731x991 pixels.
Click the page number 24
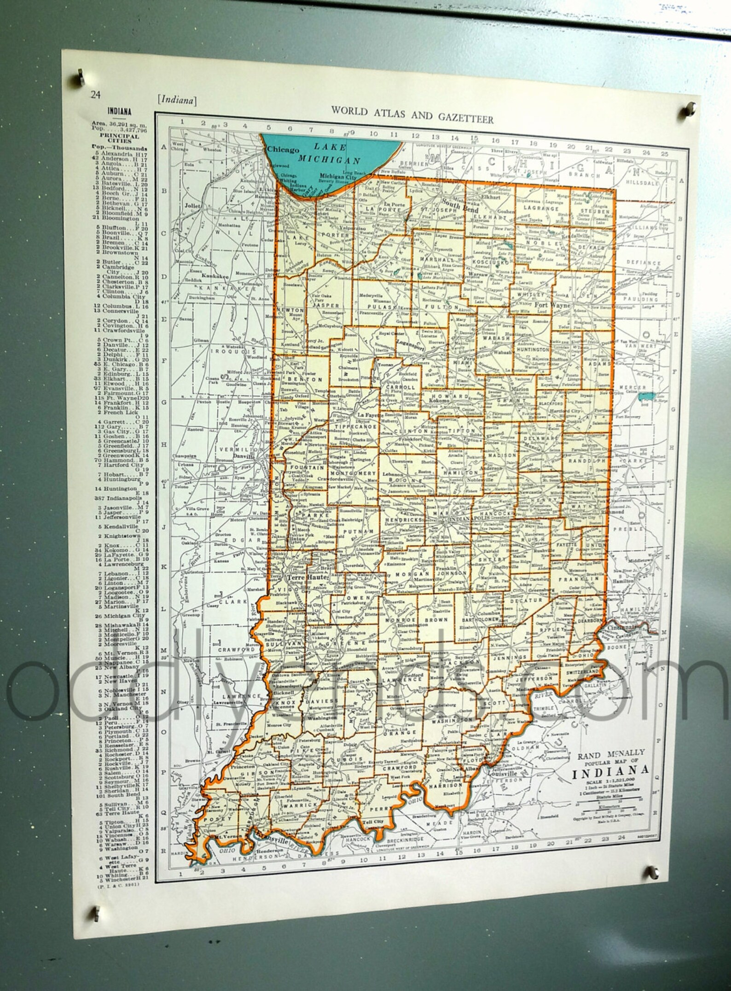point(95,95)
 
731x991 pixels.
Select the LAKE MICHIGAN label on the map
point(328,154)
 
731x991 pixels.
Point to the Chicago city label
point(283,150)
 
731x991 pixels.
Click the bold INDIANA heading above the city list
point(119,111)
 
